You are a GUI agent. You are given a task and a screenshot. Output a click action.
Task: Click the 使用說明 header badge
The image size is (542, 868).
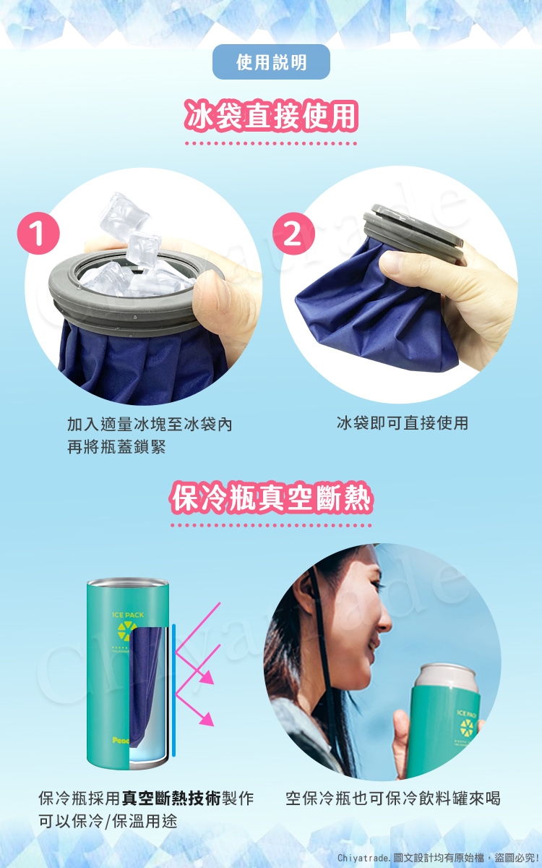[x=271, y=62]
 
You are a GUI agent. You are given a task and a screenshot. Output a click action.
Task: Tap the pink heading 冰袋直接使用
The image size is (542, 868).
[x=271, y=115]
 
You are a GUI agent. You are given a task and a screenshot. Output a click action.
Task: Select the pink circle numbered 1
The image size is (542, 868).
[x=38, y=233]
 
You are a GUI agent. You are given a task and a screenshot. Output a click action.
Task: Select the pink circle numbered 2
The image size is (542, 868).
[x=293, y=233]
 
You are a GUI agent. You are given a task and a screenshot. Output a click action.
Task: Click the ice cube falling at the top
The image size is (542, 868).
[x=123, y=213]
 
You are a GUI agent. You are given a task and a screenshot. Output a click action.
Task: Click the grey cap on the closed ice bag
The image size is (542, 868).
[x=413, y=231]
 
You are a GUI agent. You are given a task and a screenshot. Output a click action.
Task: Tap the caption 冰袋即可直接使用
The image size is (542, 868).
[x=403, y=422]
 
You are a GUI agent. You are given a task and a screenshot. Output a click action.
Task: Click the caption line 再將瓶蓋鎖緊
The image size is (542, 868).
[x=116, y=447]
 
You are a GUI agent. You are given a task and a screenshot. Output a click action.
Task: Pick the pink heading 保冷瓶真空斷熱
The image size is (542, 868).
[x=271, y=498]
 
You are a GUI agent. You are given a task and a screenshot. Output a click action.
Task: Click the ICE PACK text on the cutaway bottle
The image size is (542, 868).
[x=128, y=615]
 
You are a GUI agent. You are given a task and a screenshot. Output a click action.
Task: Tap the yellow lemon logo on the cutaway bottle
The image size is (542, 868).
[x=127, y=631]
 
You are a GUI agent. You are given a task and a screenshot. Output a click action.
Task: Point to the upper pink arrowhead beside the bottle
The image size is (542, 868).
[x=207, y=678]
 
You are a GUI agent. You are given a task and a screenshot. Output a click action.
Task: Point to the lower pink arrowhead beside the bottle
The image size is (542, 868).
[x=207, y=719]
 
